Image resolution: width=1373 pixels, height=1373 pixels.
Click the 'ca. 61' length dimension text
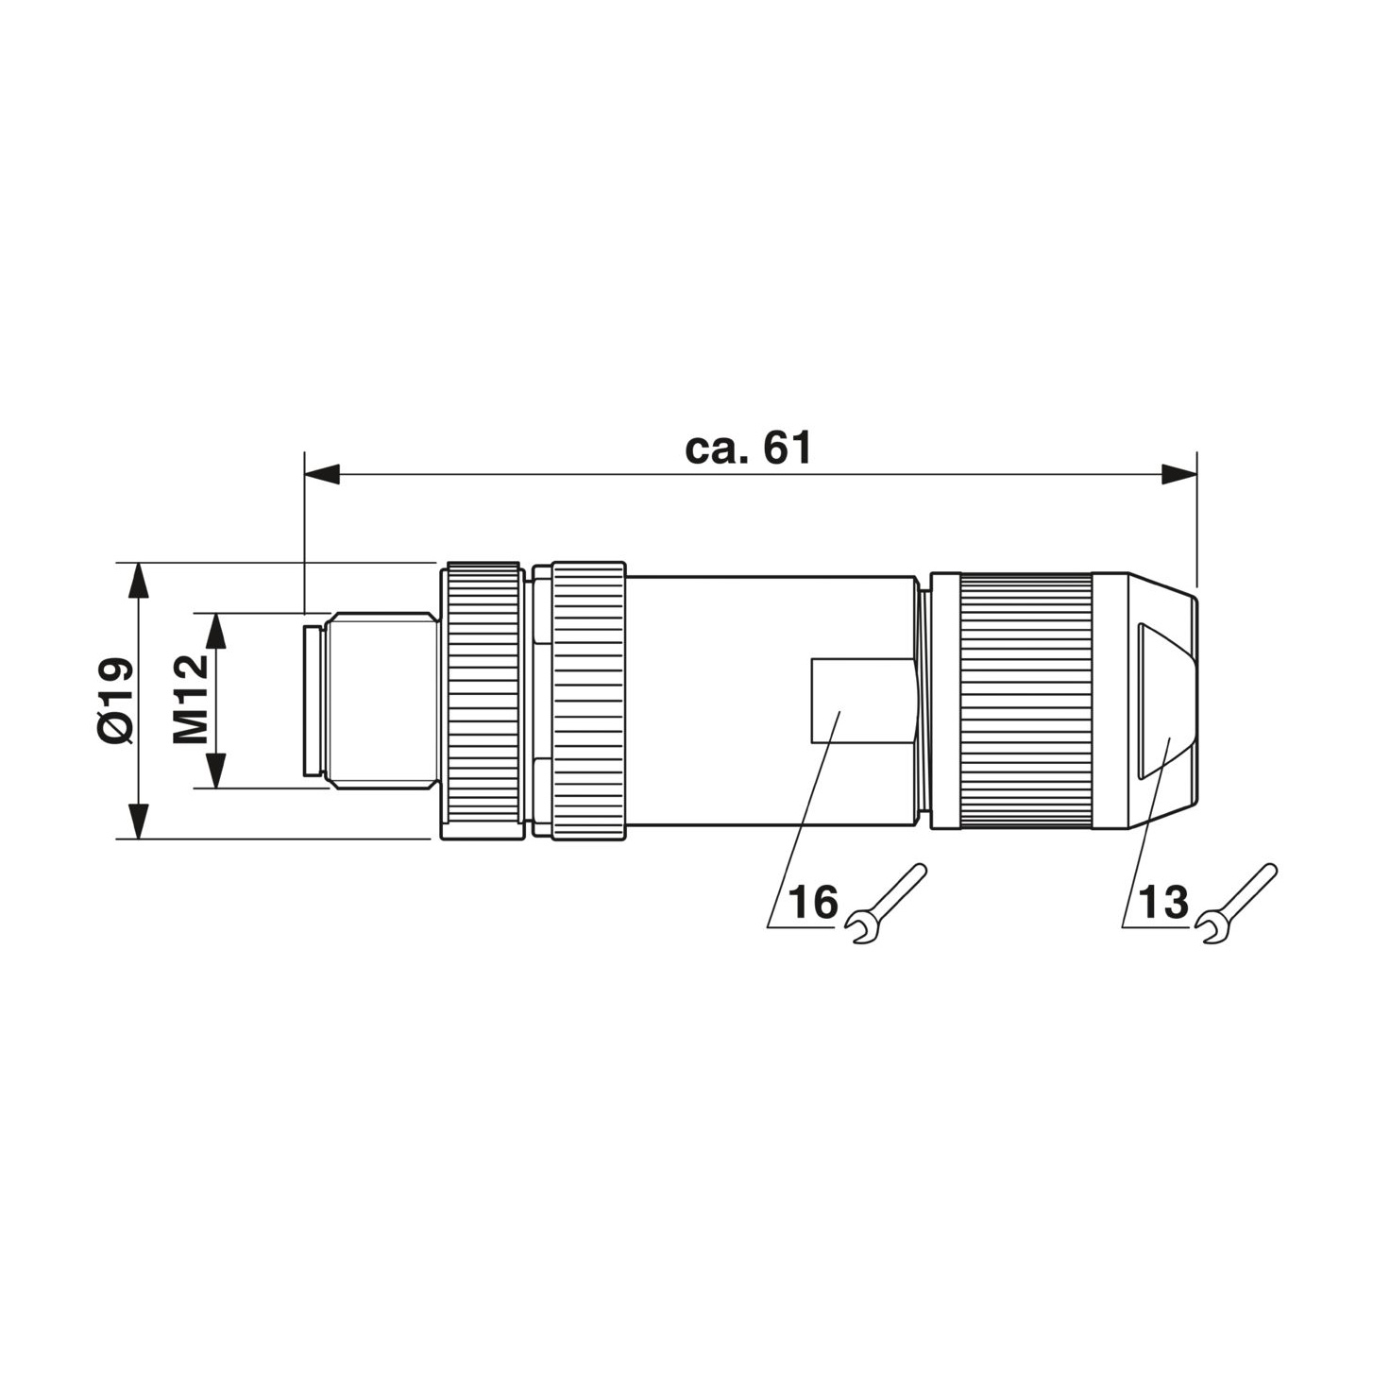(x=748, y=449)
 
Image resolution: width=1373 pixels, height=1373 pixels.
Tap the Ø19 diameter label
(x=114, y=701)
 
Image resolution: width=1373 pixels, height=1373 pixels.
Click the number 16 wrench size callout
(x=813, y=902)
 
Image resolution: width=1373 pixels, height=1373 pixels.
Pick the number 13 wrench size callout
(x=1163, y=902)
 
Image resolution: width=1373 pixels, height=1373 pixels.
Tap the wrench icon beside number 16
(x=886, y=905)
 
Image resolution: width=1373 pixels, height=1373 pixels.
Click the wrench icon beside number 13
(x=1236, y=905)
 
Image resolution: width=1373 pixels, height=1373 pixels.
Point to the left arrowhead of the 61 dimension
(x=322, y=474)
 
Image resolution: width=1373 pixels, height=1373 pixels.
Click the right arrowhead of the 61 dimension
(x=1179, y=474)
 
